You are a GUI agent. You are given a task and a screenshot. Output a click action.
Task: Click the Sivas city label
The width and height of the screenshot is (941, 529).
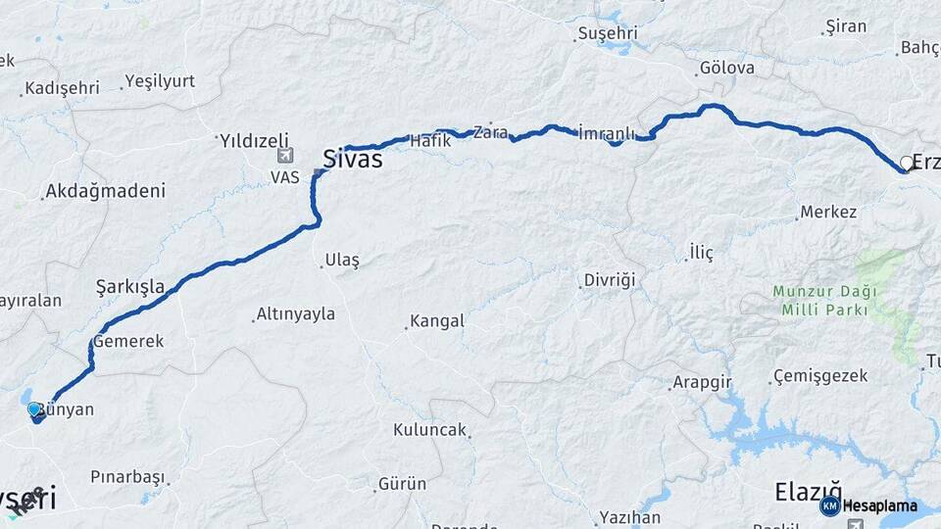[353, 160]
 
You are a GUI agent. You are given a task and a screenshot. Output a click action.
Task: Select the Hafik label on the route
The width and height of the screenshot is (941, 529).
[429, 141]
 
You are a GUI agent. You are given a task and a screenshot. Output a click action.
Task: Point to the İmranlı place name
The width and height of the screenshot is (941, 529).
[608, 133]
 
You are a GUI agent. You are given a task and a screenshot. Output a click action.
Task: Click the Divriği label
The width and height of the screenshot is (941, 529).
[610, 280]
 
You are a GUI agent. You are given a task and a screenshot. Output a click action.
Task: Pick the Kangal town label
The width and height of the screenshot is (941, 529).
[437, 321]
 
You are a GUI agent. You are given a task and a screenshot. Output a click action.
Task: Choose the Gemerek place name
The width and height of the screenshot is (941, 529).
[128, 342]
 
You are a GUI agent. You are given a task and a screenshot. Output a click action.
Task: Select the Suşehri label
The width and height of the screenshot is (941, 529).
[608, 33]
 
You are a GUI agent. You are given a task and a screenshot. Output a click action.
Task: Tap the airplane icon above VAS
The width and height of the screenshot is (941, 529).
[285, 155]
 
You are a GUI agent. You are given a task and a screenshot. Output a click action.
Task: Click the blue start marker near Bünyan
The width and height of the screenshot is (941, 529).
[35, 409]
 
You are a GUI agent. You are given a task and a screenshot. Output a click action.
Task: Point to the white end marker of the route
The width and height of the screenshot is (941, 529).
[906, 163]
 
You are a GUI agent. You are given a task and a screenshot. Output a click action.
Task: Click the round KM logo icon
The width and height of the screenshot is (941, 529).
[829, 505]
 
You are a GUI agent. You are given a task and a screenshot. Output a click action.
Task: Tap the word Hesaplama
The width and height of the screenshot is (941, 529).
[880, 506]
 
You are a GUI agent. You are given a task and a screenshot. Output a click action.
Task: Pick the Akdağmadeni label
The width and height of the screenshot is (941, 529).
[106, 191]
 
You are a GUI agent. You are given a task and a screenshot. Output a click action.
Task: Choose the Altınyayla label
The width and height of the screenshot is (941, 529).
[295, 314]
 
